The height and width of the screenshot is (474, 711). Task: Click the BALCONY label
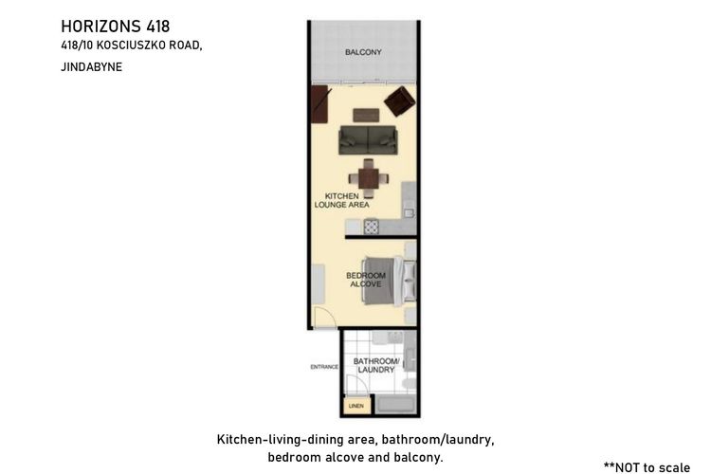(363, 52)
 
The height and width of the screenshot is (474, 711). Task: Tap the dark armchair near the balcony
(399, 101)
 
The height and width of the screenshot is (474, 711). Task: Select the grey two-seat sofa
(368, 140)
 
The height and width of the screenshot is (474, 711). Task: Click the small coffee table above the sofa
(366, 116)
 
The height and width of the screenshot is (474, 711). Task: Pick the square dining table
(368, 178)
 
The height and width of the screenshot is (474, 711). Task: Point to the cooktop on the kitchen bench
(372, 227)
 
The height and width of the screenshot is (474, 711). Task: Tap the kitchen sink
(409, 212)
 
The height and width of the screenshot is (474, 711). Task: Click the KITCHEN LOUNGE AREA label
(342, 200)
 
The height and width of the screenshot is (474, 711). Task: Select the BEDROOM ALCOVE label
(366, 280)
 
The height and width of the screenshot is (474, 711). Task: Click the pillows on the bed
(410, 281)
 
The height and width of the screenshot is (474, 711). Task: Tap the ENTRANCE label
(324, 367)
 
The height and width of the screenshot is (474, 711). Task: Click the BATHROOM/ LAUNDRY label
(376, 365)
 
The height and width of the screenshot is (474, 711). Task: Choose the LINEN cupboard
(356, 406)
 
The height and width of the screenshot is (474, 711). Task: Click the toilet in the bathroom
(409, 384)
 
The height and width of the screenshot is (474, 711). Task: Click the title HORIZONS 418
(115, 27)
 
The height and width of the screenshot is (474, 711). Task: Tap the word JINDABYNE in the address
(92, 67)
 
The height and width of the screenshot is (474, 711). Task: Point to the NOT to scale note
(647, 467)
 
